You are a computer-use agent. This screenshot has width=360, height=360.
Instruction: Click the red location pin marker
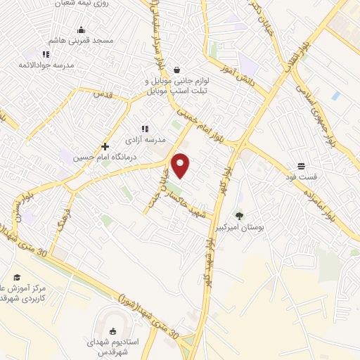coord(181,165)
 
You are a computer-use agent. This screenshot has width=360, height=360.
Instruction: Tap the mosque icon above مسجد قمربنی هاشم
coord(82,30)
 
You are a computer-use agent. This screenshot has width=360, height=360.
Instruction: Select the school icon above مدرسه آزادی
coord(145,129)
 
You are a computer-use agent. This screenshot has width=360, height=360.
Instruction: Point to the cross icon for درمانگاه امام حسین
coord(105,147)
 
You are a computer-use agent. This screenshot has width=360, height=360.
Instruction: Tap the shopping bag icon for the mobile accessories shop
coord(176,70)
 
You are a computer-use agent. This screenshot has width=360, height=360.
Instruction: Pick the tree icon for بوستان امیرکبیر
coord(240,216)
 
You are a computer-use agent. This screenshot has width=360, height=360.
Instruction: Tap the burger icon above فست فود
coord(301,166)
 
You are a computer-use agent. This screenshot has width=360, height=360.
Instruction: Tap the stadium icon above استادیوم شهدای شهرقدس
coord(112,331)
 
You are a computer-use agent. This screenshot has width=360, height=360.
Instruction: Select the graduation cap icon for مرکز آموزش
coord(17,278)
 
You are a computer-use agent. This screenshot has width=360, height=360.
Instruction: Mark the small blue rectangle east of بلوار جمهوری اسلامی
coord(336,96)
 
